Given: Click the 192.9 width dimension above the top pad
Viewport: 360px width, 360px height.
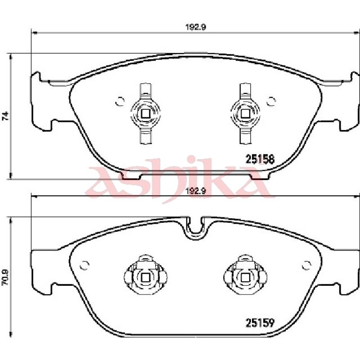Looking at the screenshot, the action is coord(196,27).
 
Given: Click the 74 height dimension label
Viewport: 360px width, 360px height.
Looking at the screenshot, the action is coord(5,116).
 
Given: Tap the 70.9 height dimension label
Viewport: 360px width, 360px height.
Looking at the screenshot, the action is coord(5,277).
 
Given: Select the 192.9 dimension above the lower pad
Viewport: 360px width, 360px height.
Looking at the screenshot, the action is coord(196,191).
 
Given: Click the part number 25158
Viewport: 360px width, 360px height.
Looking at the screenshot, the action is coord(260,159).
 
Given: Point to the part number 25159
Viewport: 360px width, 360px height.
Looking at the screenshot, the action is coord(260,323).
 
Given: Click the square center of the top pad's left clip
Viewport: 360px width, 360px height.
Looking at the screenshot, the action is coord(145,113).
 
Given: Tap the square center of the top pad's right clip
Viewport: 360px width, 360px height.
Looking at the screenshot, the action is coord(245,113).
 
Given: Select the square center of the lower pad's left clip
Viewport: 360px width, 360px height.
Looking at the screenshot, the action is coord(145,278).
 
